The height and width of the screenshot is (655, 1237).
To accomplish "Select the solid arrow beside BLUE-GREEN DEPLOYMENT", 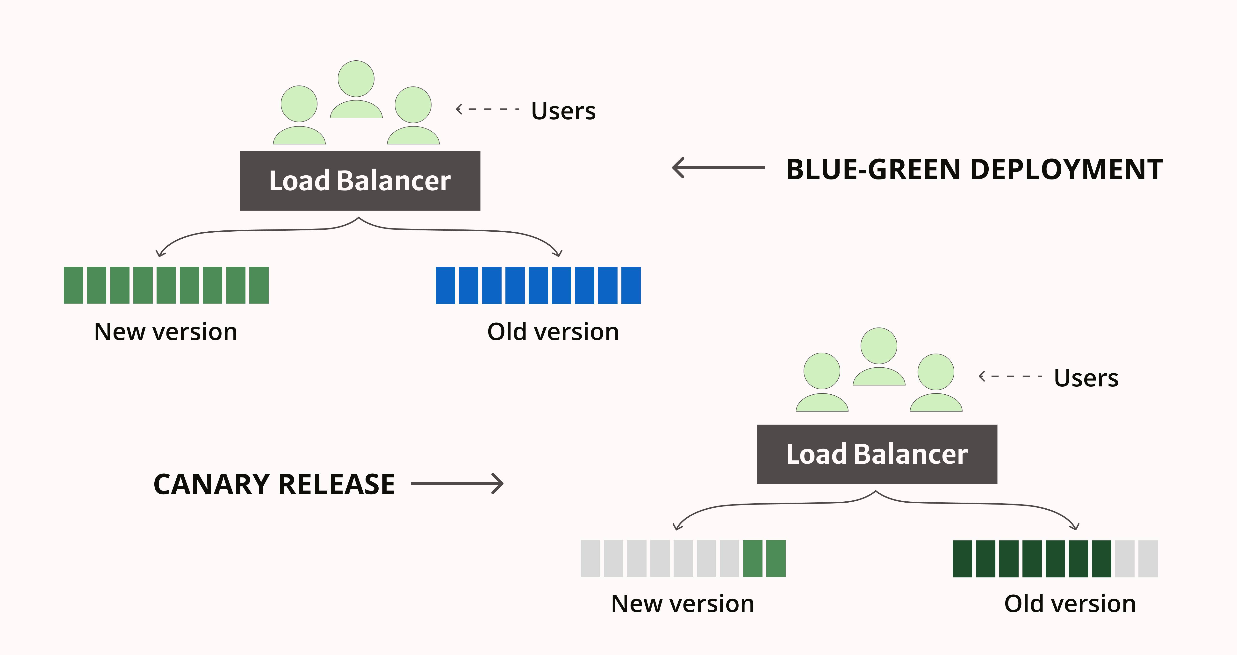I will point(718,168).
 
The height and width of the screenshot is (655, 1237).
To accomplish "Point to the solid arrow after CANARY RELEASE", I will point(457,484).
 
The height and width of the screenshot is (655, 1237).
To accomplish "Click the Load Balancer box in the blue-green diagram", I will point(360,181).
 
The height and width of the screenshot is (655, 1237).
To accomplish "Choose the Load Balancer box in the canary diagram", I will point(876,454).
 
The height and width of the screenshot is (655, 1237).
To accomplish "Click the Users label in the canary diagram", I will point(1086,378).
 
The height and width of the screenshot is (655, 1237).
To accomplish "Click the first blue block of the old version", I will point(445,285).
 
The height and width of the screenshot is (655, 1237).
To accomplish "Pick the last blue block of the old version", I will point(631,285).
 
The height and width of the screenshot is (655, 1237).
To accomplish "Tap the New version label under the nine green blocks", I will point(166,332).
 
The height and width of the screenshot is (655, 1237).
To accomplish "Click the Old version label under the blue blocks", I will point(553,332).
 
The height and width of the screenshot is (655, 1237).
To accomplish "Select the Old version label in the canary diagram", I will point(1070,604).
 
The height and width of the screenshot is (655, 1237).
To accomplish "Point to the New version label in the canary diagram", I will point(682,604).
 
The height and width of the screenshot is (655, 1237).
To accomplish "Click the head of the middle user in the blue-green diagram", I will point(356,79).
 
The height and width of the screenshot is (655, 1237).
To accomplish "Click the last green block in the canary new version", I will point(776,558).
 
